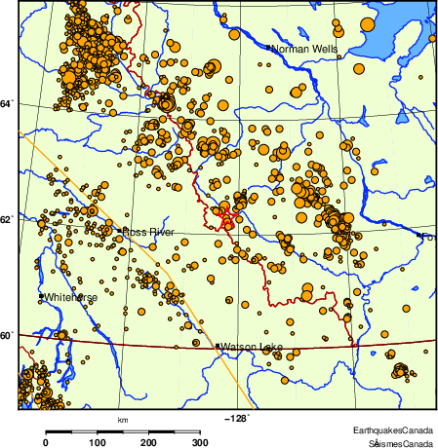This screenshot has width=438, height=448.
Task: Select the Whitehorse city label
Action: click(x=71, y=296)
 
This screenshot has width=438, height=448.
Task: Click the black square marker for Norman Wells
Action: click(x=268, y=46)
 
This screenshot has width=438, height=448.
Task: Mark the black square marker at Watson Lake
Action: click(x=218, y=345)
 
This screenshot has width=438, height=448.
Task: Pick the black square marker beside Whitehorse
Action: click(x=41, y=295)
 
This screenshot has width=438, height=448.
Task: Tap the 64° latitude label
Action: click(x=8, y=102)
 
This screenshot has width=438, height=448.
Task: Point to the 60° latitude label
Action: click(x=8, y=336)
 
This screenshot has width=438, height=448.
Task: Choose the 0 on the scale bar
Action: click(x=46, y=443)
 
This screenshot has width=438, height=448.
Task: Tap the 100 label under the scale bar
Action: click(x=98, y=443)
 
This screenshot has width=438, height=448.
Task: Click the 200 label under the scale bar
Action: click(x=149, y=443)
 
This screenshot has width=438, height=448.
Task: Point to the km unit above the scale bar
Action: click(x=123, y=420)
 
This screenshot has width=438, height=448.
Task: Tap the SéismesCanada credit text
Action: click(x=395, y=442)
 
